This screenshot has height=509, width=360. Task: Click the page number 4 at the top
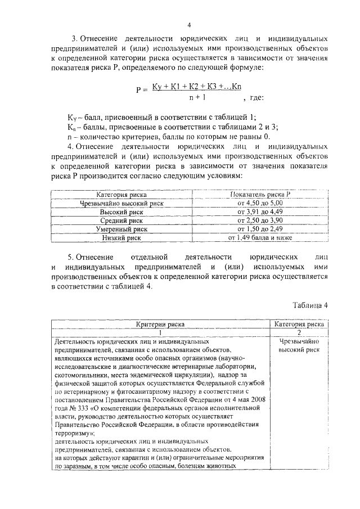[x=189, y=25]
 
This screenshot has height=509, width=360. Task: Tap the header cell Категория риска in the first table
[x=122, y=194]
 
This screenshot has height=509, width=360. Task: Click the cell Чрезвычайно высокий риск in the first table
[x=122, y=203]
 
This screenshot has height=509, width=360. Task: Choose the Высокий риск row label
[x=122, y=212]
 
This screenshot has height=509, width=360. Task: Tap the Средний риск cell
[x=122, y=220]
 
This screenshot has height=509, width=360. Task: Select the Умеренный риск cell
[x=122, y=229]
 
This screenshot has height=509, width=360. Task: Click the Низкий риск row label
[x=122, y=238]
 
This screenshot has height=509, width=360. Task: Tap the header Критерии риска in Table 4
[x=160, y=325]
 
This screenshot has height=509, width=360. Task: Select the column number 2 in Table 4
[x=299, y=333]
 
